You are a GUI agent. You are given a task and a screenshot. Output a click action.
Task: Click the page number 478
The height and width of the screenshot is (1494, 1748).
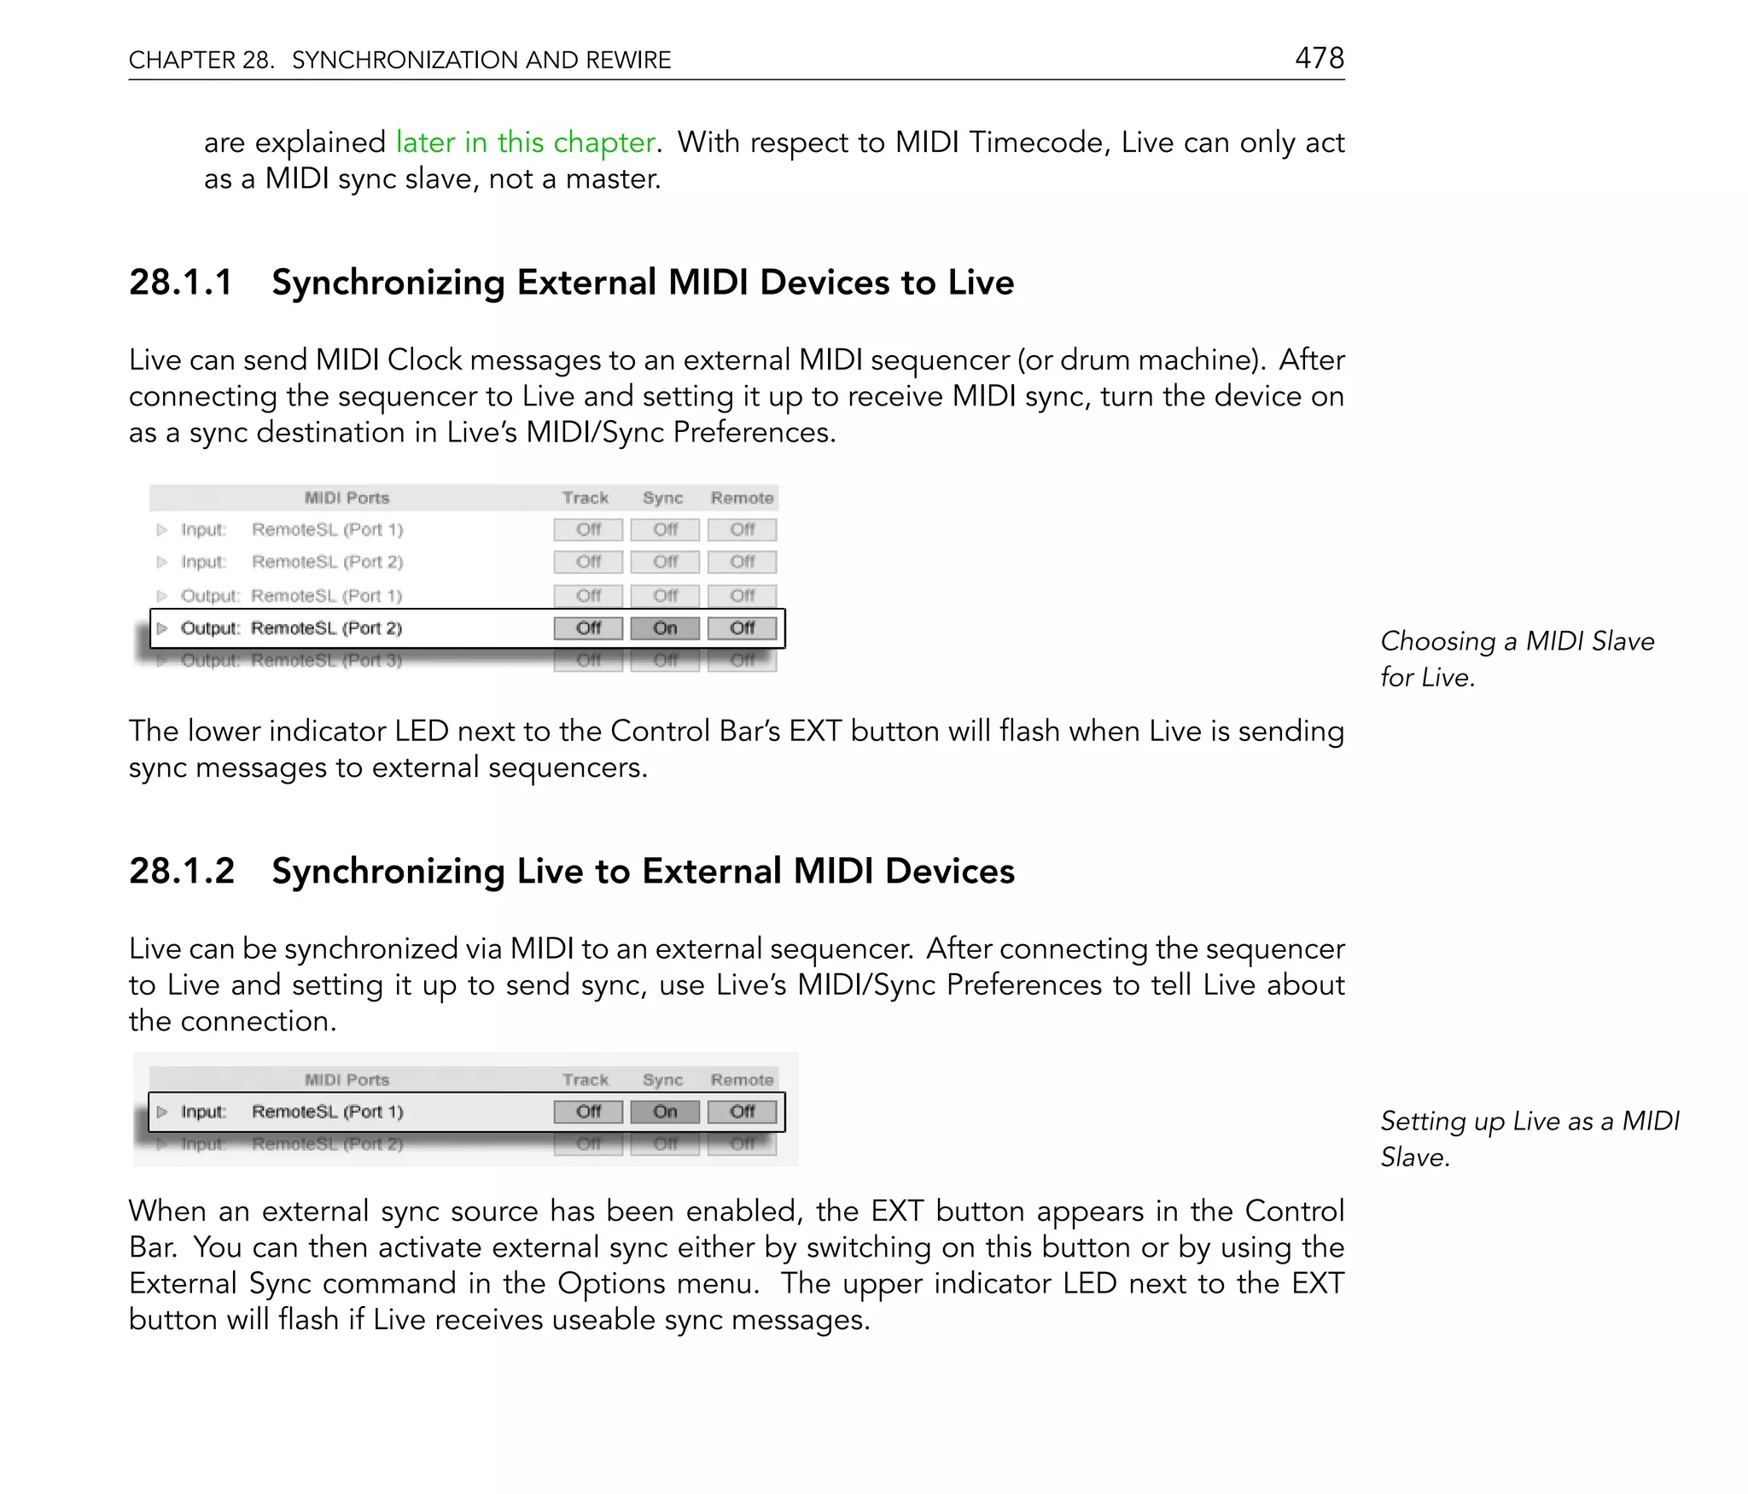click(1319, 58)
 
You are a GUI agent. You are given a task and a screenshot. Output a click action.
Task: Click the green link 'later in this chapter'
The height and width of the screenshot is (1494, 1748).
click(525, 142)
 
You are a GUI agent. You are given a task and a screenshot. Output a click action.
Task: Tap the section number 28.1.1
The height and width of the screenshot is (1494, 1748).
click(180, 283)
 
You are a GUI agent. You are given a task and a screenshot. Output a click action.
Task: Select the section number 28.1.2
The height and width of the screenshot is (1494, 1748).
click(181, 872)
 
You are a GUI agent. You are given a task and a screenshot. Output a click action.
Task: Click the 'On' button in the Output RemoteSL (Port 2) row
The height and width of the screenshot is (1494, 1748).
click(665, 628)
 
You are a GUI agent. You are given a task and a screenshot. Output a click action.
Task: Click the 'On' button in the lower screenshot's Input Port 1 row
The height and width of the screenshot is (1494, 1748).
click(665, 1112)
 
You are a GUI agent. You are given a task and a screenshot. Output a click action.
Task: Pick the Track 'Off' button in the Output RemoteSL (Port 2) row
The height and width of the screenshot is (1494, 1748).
click(588, 628)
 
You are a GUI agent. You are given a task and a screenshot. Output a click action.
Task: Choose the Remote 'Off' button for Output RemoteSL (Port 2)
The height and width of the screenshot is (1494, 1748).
click(742, 628)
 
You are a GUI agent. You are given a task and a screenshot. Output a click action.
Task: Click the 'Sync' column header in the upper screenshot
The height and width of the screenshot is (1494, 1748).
click(662, 498)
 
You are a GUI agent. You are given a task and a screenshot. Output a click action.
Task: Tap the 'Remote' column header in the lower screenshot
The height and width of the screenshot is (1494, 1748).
click(742, 1080)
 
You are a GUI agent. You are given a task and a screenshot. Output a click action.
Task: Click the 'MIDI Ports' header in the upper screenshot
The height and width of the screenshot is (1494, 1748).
click(347, 498)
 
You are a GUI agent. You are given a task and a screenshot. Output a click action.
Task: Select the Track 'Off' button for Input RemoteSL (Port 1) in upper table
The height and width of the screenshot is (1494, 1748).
click(588, 529)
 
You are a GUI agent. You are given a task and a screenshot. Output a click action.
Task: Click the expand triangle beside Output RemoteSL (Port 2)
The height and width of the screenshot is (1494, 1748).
click(162, 628)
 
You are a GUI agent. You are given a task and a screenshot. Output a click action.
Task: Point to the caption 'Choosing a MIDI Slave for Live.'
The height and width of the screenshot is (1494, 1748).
click(1517, 658)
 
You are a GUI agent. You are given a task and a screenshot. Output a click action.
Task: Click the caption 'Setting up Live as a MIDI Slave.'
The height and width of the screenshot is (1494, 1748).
click(1529, 1138)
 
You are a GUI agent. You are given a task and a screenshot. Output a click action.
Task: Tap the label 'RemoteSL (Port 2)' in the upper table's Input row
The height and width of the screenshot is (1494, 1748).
click(327, 562)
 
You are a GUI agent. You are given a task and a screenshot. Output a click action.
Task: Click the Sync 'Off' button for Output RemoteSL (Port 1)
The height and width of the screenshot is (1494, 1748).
click(665, 595)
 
